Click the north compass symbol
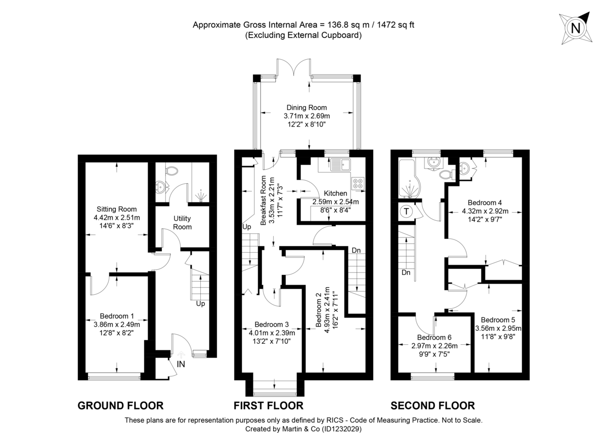pos(575,29)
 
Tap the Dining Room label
pos(307,107)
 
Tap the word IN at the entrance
pos(181,364)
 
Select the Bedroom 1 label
pos(117,316)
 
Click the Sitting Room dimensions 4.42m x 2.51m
pos(117,218)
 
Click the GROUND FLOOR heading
pos(120,405)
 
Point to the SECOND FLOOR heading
pos(432,405)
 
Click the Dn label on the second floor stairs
pos(406,273)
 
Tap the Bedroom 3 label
pos(272,324)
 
